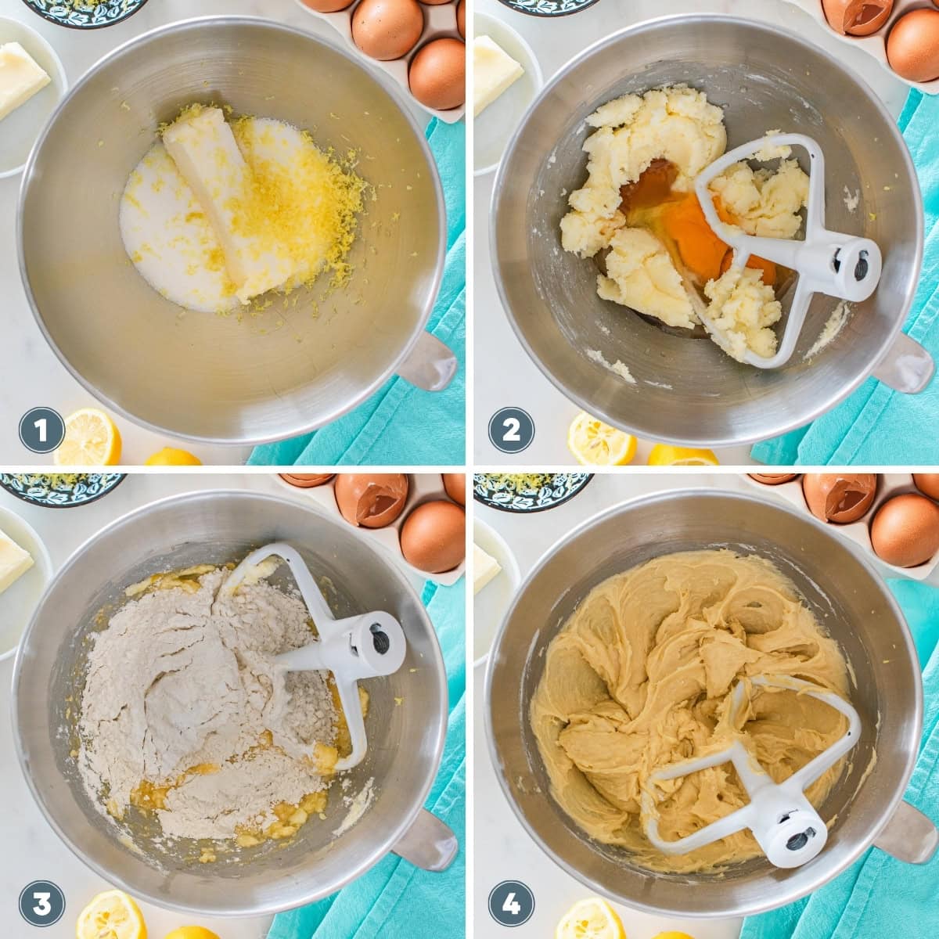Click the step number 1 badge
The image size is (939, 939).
coord(41,430)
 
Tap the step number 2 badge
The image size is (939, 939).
coord(511,430)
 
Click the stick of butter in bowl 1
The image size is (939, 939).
coord(205,196)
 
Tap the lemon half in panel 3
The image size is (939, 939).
coord(110,916)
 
